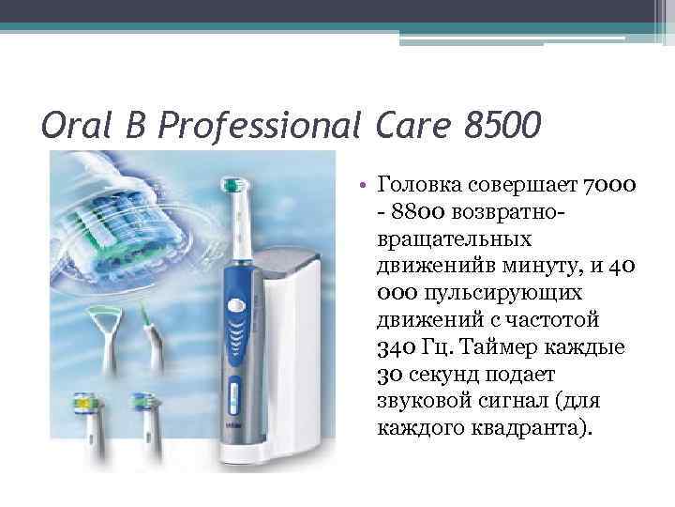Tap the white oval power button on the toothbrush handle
(x=235, y=304)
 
